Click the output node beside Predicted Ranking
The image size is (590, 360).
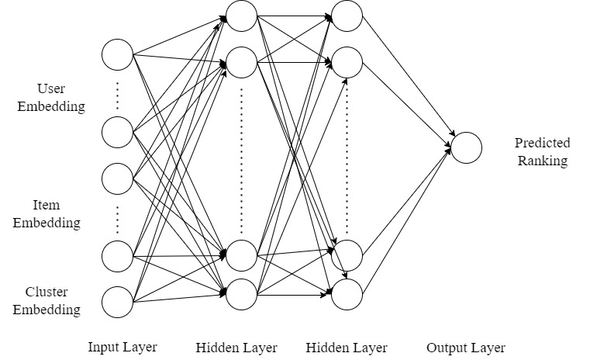[x=466, y=147]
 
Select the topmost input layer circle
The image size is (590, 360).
[x=118, y=54]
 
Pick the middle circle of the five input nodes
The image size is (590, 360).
[x=118, y=178]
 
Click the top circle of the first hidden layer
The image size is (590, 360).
[x=241, y=13]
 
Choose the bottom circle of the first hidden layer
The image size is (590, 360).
[x=241, y=292]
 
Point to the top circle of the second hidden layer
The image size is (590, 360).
[x=347, y=13]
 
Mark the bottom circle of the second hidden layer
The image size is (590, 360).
[x=347, y=292]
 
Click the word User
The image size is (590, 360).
[x=51, y=89]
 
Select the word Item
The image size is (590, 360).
[x=47, y=206]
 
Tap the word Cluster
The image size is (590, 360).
[x=47, y=292]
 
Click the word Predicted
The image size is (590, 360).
[x=542, y=143]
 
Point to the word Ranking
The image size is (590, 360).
[x=543, y=161]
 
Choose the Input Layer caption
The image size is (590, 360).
[x=122, y=347]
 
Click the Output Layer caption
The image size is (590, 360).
[x=465, y=348]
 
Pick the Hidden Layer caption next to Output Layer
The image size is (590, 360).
[x=347, y=348]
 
